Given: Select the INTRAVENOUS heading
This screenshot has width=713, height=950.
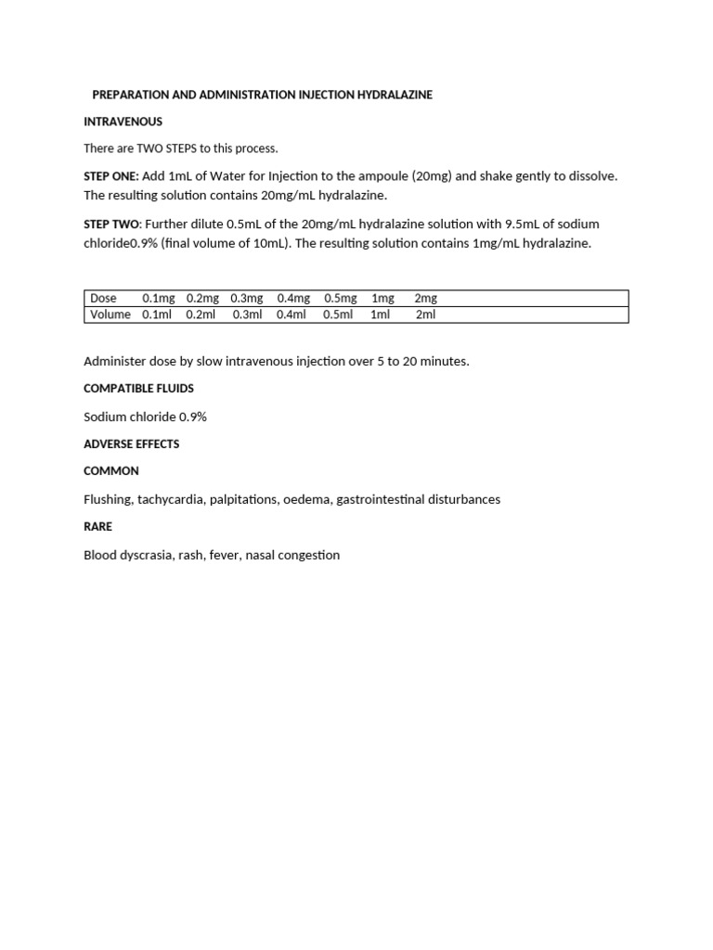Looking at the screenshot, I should click(123, 122).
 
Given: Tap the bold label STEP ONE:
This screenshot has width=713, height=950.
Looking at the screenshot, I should click(111, 176).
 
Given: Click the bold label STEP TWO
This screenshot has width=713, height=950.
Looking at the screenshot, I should click(111, 225).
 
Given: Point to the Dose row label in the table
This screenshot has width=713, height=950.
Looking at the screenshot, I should click(103, 298).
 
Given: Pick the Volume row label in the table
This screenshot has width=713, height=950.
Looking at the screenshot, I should click(110, 315).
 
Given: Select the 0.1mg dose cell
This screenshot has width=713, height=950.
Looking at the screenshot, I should click(158, 298).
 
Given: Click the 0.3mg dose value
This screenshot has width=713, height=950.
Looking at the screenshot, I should click(247, 298).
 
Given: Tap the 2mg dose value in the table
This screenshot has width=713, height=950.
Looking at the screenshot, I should click(425, 298).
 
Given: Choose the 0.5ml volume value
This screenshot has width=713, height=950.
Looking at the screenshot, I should click(338, 315).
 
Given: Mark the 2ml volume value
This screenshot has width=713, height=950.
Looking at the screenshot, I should click(425, 315).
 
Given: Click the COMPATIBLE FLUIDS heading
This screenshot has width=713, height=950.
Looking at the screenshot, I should click(138, 389).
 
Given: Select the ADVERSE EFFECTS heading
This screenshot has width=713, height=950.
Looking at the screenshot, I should click(131, 444).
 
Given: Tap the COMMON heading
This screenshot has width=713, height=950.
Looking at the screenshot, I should click(111, 471).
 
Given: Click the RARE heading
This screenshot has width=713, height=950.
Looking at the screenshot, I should click(97, 527).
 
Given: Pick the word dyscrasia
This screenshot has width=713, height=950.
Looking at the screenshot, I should click(151, 555).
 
